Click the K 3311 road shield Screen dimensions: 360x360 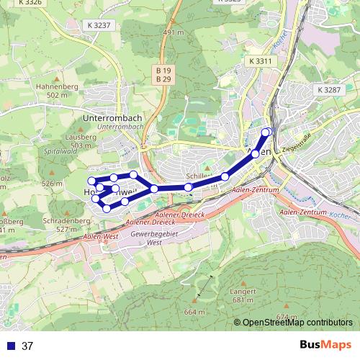[x=259, y=61]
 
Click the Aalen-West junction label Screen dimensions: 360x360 [x=101, y=236]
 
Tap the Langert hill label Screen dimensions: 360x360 [x=243, y=291]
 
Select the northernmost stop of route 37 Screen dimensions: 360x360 [x=267, y=131]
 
